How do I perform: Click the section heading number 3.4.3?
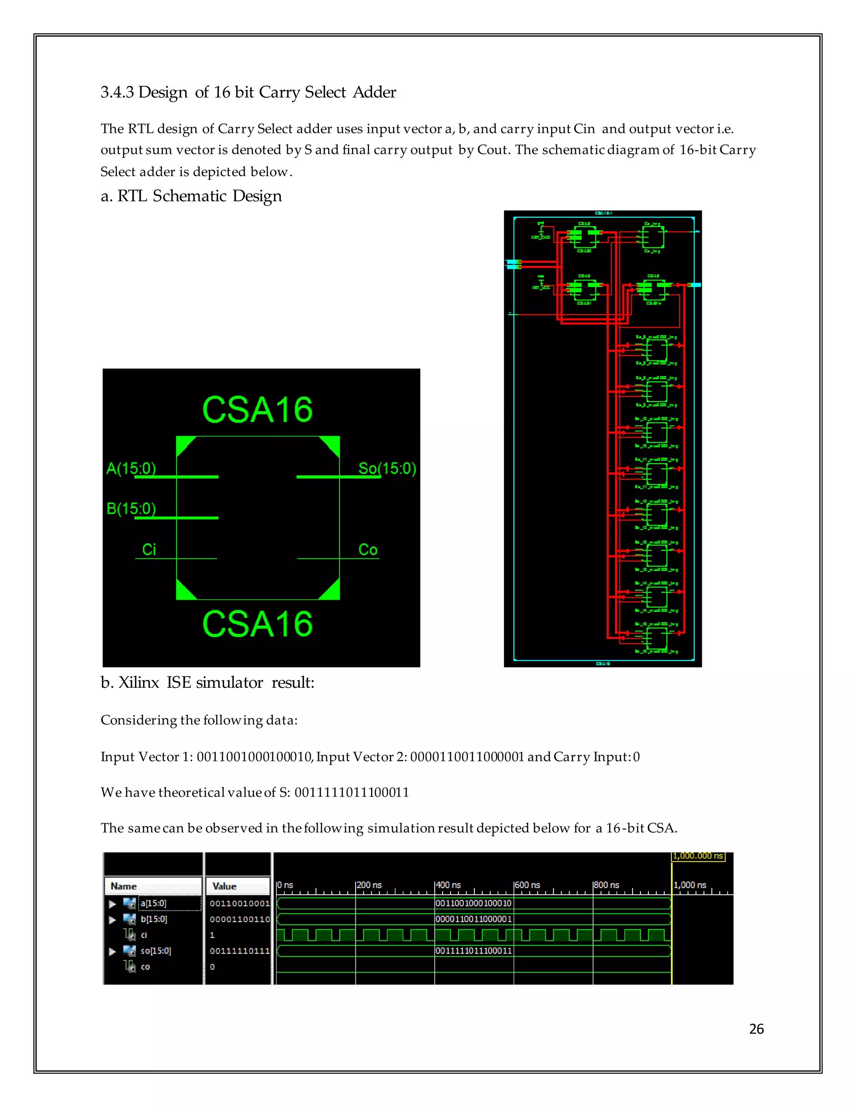click(x=117, y=92)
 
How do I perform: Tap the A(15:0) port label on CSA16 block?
click(x=131, y=468)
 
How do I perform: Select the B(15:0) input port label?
click(x=131, y=508)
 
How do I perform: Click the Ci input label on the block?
click(x=149, y=550)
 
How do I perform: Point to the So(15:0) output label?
click(x=387, y=468)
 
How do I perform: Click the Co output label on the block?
click(x=368, y=550)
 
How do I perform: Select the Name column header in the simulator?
click(x=124, y=886)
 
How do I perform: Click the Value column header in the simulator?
click(x=224, y=886)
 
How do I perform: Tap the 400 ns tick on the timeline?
click(x=448, y=885)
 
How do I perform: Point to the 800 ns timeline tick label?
click(x=606, y=885)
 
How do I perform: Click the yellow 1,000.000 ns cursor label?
click(x=698, y=856)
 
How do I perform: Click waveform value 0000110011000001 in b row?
click(x=473, y=919)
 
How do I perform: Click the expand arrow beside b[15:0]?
click(x=112, y=919)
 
